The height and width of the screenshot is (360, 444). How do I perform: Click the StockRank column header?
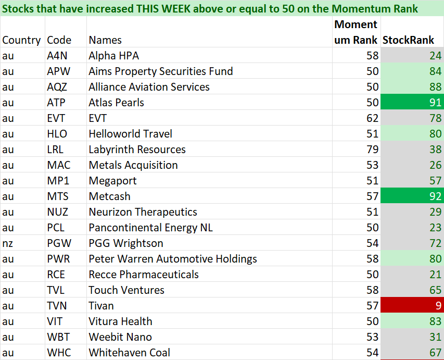(408, 40)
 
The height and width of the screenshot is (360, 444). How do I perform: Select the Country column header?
(21, 40)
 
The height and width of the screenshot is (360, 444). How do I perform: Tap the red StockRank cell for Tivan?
(412, 305)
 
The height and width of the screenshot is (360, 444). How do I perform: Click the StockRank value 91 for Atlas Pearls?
(435, 102)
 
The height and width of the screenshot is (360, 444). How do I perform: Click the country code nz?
(7, 243)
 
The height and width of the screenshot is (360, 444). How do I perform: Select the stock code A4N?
(57, 56)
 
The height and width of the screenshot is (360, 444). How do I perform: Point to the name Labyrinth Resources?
(137, 150)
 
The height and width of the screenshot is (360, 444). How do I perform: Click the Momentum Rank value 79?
(372, 150)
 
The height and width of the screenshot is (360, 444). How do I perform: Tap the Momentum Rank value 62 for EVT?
(372, 118)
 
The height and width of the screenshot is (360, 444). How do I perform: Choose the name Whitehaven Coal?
(130, 352)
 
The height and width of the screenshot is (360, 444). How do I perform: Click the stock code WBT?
(58, 337)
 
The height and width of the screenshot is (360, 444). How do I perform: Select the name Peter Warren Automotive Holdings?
(173, 259)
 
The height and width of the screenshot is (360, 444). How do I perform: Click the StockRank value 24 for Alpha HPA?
(435, 56)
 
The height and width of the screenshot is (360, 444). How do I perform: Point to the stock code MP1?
(58, 181)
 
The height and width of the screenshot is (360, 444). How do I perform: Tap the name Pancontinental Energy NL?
(150, 228)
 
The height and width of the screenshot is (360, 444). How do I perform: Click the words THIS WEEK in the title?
(163, 9)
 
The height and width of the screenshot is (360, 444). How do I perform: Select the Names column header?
(105, 40)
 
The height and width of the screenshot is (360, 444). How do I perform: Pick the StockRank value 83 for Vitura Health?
(435, 321)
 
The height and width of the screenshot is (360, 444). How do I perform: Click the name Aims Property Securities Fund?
(160, 71)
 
